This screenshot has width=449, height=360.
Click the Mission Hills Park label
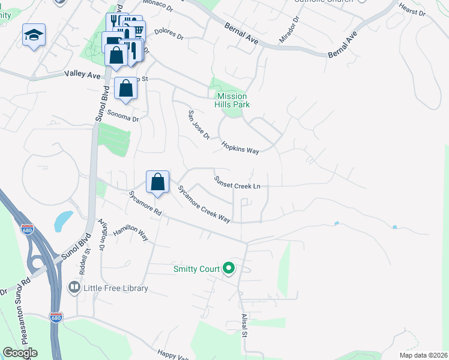pyautogui.click(x=232, y=100)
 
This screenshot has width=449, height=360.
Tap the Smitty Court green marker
pyautogui.click(x=228, y=268)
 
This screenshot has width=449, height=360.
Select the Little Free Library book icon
pyautogui.click(x=74, y=288)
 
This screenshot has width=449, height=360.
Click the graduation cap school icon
pyautogui.click(x=34, y=35)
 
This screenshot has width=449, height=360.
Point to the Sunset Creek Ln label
pyautogui.click(x=237, y=182)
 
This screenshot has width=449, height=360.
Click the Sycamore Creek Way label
pyautogui.click(x=203, y=204)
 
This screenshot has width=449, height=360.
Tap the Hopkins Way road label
pyautogui.click(x=240, y=148)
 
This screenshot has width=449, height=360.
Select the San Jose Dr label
pyautogui.click(x=199, y=125)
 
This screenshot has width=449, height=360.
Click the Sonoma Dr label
pyautogui.click(x=123, y=115)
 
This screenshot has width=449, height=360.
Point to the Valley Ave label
pyautogui.click(x=82, y=74)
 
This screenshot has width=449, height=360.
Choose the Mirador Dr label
pyautogui.click(x=288, y=30)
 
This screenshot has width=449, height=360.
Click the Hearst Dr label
pyautogui.click(x=412, y=10)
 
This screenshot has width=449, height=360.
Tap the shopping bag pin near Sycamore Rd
pyautogui.click(x=157, y=182)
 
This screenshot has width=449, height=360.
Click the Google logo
pyautogui.click(x=20, y=353)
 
